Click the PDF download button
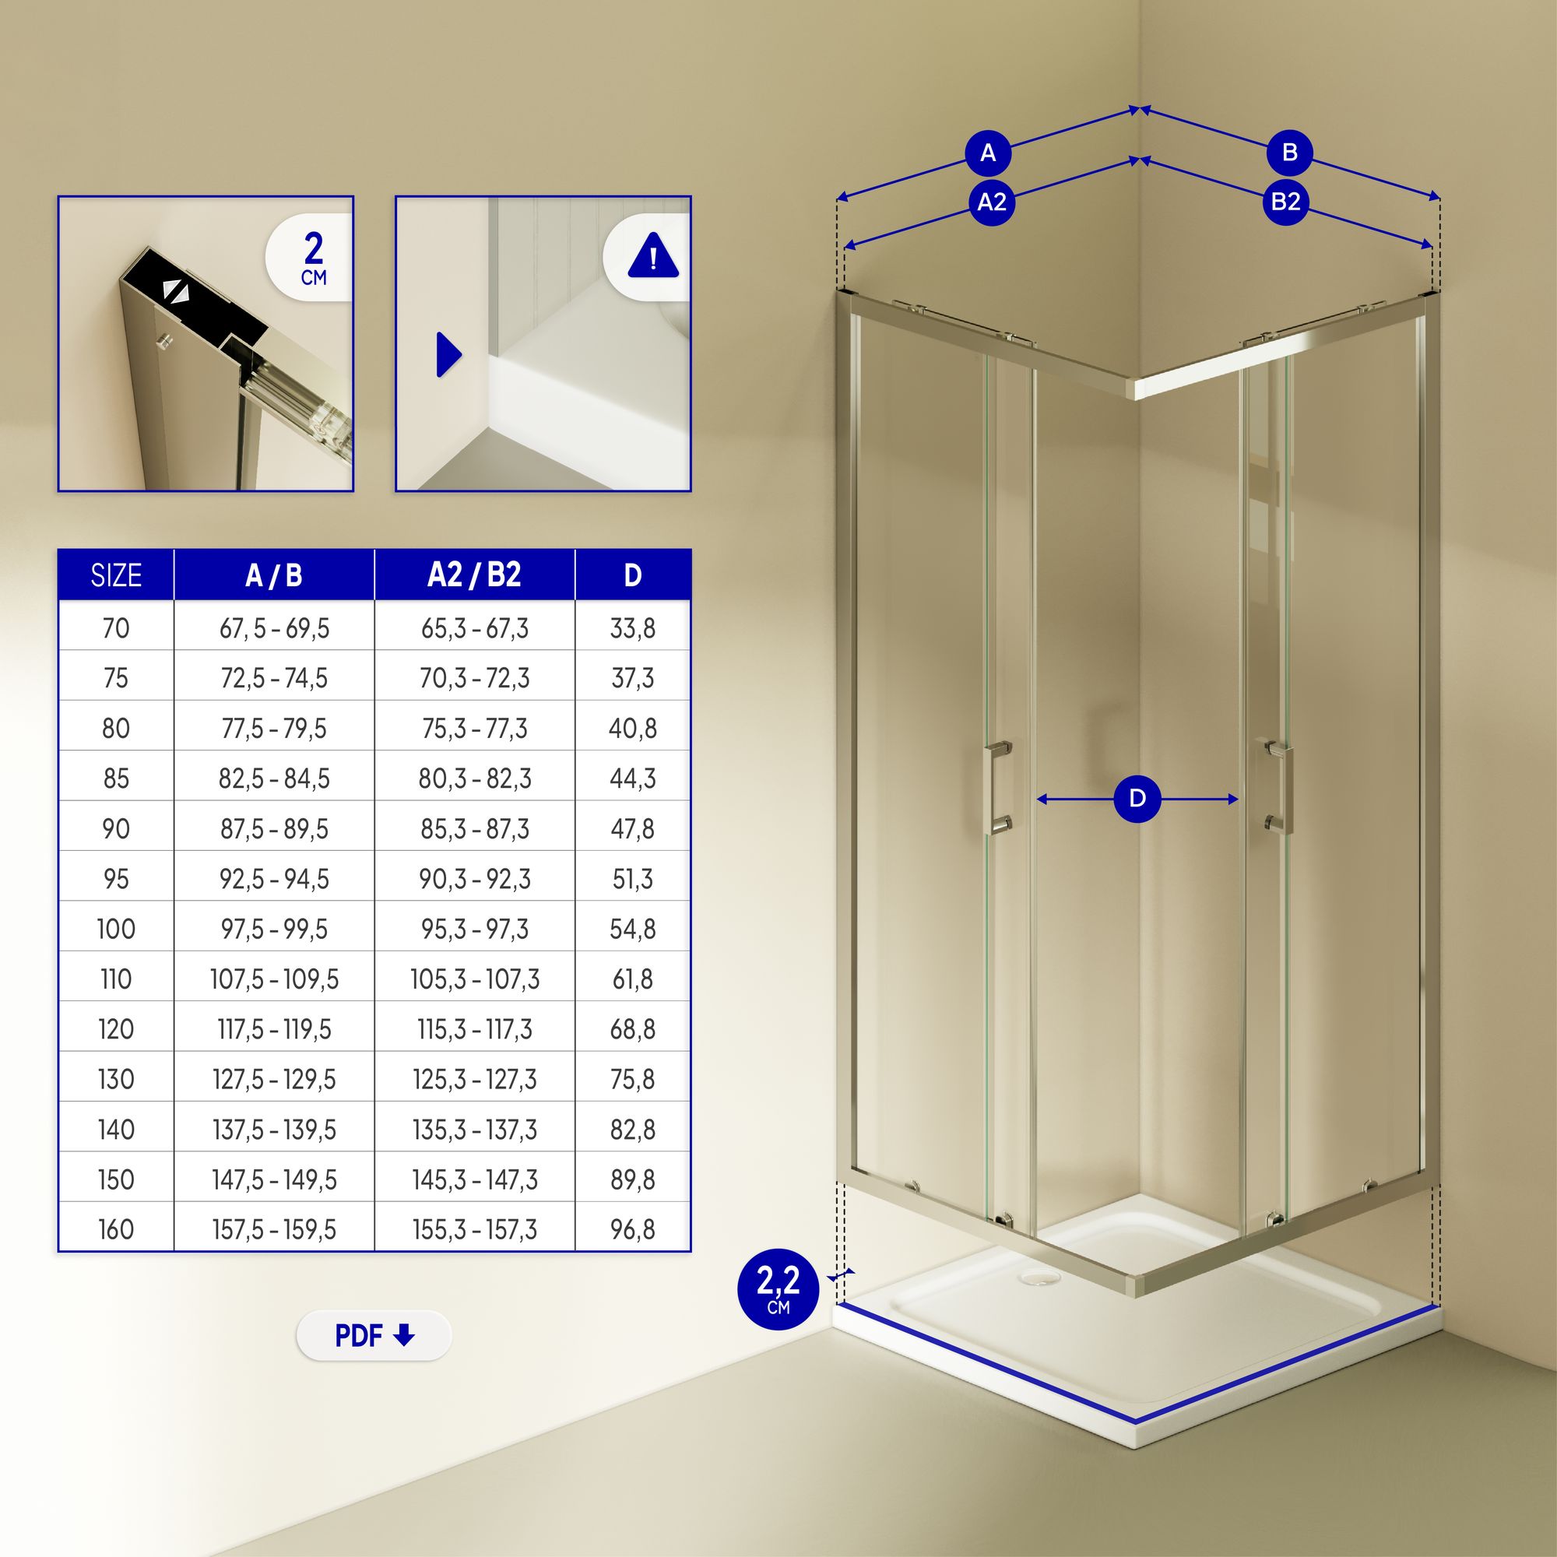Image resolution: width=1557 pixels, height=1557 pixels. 374,1335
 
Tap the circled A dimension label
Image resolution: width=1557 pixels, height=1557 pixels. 988,153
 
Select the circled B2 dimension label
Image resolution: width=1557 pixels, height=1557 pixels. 1285,201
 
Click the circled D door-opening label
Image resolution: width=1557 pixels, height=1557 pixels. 1137,799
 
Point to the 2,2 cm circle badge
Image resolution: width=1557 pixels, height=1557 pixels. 778,1289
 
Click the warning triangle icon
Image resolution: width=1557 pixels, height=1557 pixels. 653,255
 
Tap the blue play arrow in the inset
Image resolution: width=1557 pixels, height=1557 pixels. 449,353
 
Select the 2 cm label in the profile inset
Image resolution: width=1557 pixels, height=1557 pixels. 314,258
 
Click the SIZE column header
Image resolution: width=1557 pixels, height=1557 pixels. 116,575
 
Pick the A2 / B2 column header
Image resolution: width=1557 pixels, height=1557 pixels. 475,575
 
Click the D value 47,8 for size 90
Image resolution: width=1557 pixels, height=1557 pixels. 633,828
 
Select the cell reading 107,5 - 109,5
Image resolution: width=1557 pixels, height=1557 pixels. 274,979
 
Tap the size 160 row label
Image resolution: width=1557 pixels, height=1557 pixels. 116,1230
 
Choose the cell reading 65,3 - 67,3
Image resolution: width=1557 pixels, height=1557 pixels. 475,628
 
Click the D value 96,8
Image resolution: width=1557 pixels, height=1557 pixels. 633,1230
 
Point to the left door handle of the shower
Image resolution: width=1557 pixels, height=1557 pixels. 1000,787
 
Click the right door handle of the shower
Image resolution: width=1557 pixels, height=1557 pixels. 1278,784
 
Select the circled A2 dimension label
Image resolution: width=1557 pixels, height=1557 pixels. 991,202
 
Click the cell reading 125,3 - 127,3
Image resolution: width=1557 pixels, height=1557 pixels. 475,1080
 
